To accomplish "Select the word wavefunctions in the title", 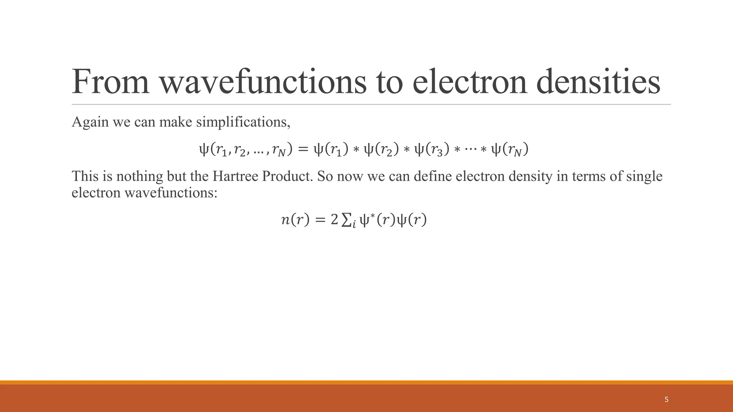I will tap(263, 82).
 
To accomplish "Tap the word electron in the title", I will tap(470, 82).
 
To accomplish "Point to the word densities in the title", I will tap(598, 82).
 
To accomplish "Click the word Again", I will tap(90, 122).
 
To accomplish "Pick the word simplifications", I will tap(243, 122).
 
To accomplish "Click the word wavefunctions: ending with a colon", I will tap(171, 193).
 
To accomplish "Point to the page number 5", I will tap(666, 399).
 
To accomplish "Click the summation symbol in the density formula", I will tap(346, 220).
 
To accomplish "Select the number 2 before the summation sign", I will tap(334, 220).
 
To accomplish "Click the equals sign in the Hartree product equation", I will tap(303, 149).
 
